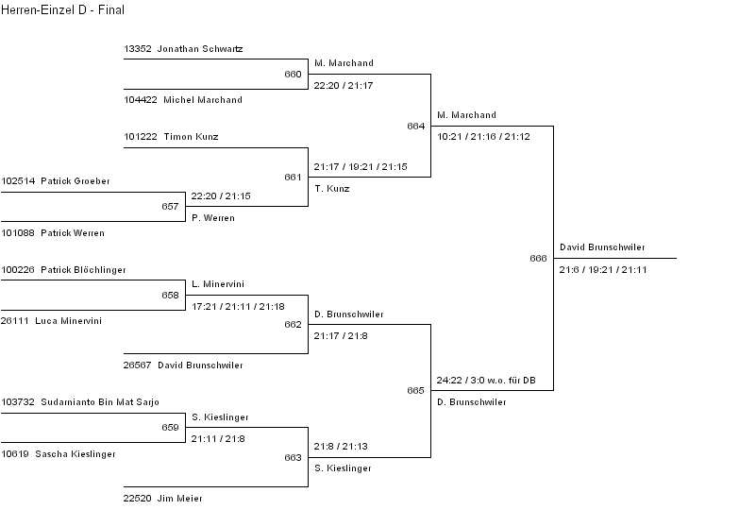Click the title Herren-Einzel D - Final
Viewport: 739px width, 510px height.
[x=62, y=10]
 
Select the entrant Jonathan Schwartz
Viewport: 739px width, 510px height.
[x=201, y=48]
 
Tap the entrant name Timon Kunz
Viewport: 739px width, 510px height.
[x=191, y=137]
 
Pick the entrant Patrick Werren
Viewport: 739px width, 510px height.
[x=72, y=232]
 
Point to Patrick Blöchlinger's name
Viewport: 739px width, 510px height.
[x=83, y=270]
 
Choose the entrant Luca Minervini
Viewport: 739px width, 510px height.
[x=68, y=321]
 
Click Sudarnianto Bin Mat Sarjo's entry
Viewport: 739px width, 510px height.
[x=99, y=402]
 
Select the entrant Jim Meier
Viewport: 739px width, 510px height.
[x=179, y=498]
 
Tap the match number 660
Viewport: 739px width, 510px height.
[x=293, y=74]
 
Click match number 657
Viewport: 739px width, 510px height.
[x=170, y=206]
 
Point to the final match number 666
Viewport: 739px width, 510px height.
[x=538, y=258]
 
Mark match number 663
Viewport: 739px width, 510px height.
[x=293, y=458]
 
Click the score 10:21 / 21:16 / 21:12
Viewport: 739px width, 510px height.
[x=483, y=137]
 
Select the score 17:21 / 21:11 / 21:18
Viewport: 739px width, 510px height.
[x=237, y=307]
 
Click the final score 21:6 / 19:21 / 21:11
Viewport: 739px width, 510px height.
[x=603, y=270]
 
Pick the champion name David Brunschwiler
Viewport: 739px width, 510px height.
[x=602, y=247]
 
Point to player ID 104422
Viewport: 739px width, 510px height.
[x=140, y=99]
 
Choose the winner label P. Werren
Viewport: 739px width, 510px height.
[x=212, y=218]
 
